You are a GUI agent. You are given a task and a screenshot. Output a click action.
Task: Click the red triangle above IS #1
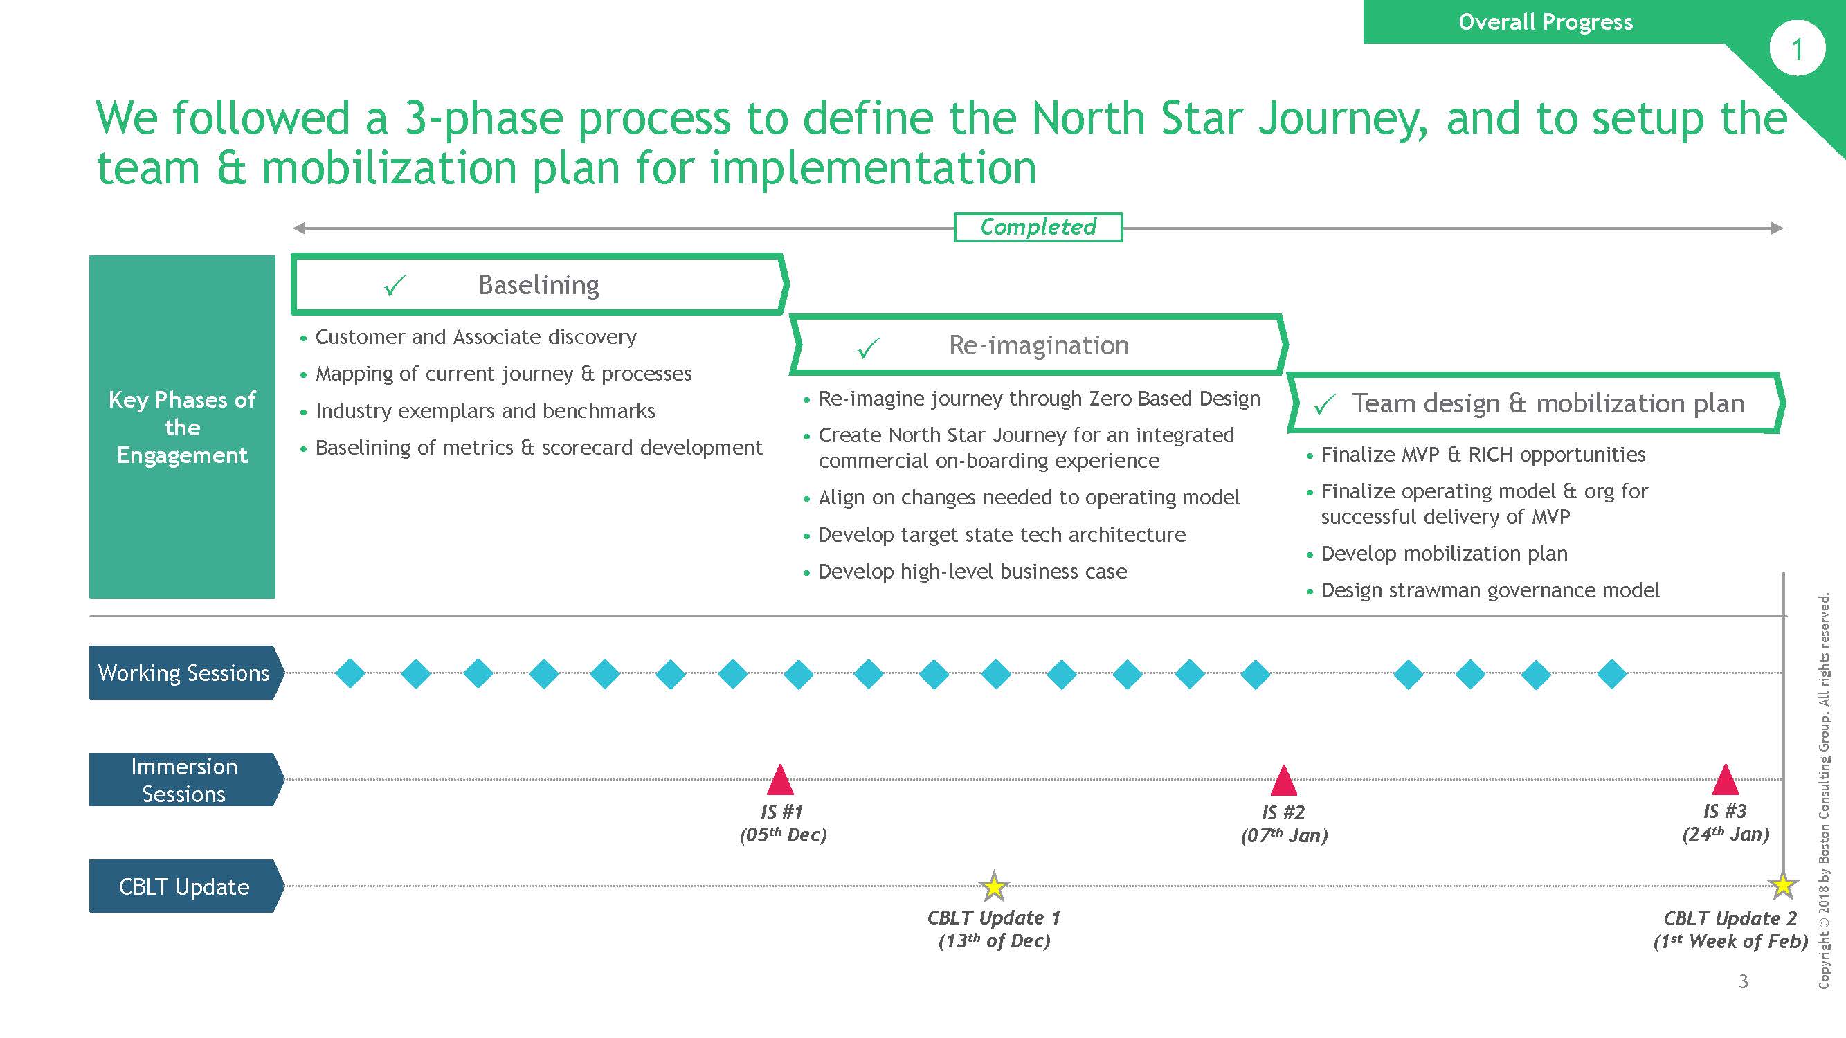click(x=780, y=780)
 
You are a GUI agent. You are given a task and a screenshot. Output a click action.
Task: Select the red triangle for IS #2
click(x=1283, y=781)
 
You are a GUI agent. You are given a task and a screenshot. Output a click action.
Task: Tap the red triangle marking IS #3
click(x=1725, y=780)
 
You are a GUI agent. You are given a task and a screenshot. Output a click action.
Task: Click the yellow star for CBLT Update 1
click(x=993, y=887)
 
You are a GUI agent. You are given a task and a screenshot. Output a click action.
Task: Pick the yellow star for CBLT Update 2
click(x=1782, y=886)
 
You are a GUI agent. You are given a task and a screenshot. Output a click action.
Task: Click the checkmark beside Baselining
click(x=395, y=285)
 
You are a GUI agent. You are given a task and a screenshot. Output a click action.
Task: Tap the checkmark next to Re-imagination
click(x=868, y=347)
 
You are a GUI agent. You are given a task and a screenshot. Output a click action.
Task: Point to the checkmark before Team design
click(x=1324, y=405)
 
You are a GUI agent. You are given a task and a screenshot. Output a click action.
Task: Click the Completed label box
click(x=1038, y=227)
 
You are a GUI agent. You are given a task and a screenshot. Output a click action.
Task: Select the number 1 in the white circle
click(x=1797, y=48)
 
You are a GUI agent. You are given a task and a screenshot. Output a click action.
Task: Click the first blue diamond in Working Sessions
click(x=350, y=673)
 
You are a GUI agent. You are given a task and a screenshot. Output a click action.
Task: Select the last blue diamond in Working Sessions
click(x=1611, y=673)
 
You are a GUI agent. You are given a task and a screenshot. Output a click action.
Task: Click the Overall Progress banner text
click(x=1546, y=22)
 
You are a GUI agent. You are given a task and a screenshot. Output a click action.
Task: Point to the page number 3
click(x=1743, y=981)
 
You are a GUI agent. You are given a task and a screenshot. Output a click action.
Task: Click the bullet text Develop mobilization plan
click(x=1444, y=554)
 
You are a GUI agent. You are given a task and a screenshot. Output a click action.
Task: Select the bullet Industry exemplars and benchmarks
click(x=485, y=410)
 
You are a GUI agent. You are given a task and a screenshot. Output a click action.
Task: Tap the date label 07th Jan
click(x=1284, y=836)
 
